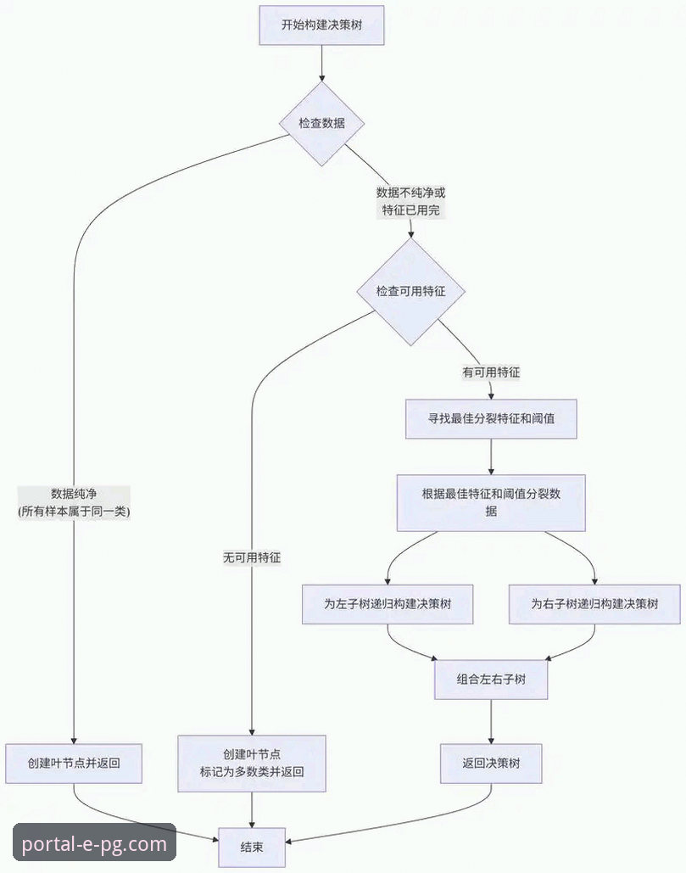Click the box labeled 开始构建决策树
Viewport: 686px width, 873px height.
point(321,25)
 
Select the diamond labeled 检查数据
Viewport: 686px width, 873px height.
point(321,123)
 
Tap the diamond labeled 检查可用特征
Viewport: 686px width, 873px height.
point(410,291)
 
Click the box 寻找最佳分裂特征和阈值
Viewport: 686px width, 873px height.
point(491,418)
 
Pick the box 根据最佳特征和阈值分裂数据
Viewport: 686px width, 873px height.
point(491,502)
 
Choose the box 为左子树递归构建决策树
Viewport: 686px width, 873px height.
point(387,604)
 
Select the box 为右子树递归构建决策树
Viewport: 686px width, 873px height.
point(594,604)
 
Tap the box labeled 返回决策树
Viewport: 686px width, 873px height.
point(491,764)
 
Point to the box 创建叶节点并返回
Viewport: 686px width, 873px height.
point(74,764)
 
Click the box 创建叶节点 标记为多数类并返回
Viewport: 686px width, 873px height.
point(252,764)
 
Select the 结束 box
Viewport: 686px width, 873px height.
point(252,846)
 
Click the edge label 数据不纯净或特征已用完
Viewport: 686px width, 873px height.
point(410,201)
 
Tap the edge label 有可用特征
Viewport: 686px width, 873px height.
point(491,372)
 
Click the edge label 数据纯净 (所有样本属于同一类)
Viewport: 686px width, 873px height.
point(74,502)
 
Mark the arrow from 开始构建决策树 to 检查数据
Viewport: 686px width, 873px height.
point(321,63)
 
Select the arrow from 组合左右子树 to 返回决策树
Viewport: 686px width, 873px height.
point(491,721)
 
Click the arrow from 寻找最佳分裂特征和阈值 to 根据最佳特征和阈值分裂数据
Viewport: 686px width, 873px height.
point(491,456)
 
